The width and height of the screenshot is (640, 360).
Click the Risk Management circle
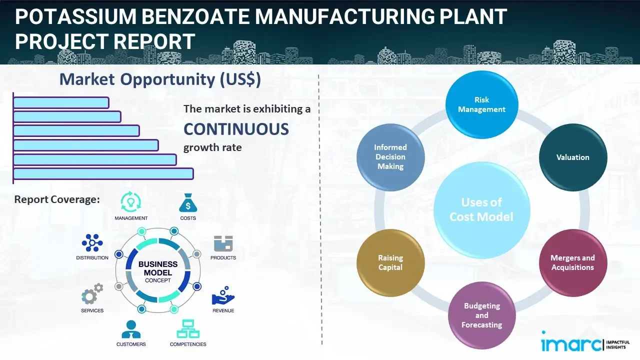tap(481, 104)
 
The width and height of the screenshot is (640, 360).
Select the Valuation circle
tap(572, 157)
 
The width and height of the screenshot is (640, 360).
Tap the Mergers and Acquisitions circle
tap(572, 262)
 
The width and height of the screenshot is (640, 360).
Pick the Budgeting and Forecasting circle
tap(481, 315)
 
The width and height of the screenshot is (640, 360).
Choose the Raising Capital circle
tap(390, 262)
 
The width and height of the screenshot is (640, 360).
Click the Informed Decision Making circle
tap(390, 157)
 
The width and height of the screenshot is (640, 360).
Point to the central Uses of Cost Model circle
tap(481, 209)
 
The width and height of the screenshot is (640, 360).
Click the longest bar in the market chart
tap(103, 173)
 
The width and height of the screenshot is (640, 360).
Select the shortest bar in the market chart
tap(61, 102)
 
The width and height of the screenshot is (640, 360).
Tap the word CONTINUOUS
tap(236, 129)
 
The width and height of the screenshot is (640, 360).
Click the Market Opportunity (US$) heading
tap(160, 79)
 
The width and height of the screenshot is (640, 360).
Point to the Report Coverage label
tap(57, 199)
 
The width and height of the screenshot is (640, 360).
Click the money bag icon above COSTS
tap(187, 203)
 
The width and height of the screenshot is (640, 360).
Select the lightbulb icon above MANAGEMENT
tap(130, 202)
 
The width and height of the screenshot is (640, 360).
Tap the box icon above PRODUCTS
tap(223, 243)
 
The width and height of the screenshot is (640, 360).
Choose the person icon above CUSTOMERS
tap(131, 329)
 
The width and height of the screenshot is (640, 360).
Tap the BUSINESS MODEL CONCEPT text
tap(158, 272)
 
